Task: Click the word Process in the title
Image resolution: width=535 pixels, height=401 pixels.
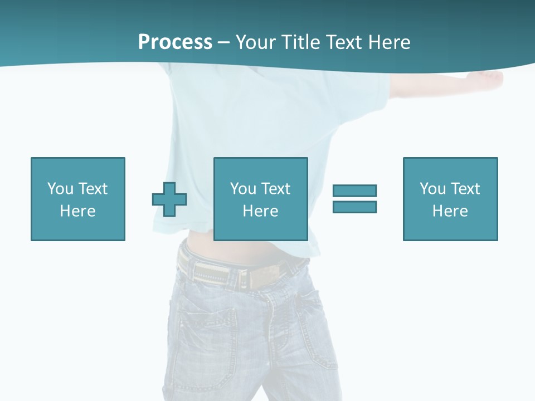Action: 175,42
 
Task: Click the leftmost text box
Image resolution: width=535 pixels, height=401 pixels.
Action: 77,199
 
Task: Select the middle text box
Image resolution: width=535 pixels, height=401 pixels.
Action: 260,199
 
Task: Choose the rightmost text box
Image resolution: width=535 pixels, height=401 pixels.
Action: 450,199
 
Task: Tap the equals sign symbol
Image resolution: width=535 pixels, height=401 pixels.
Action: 354,199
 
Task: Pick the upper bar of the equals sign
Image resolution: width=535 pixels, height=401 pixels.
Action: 354,191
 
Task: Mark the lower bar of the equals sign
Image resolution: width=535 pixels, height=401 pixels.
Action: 354,207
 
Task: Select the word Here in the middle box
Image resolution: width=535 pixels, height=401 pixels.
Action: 260,211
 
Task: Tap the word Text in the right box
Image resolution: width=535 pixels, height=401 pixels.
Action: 466,189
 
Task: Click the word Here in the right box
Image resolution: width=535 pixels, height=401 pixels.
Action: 450,211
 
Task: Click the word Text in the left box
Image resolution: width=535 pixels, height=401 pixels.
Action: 93,189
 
